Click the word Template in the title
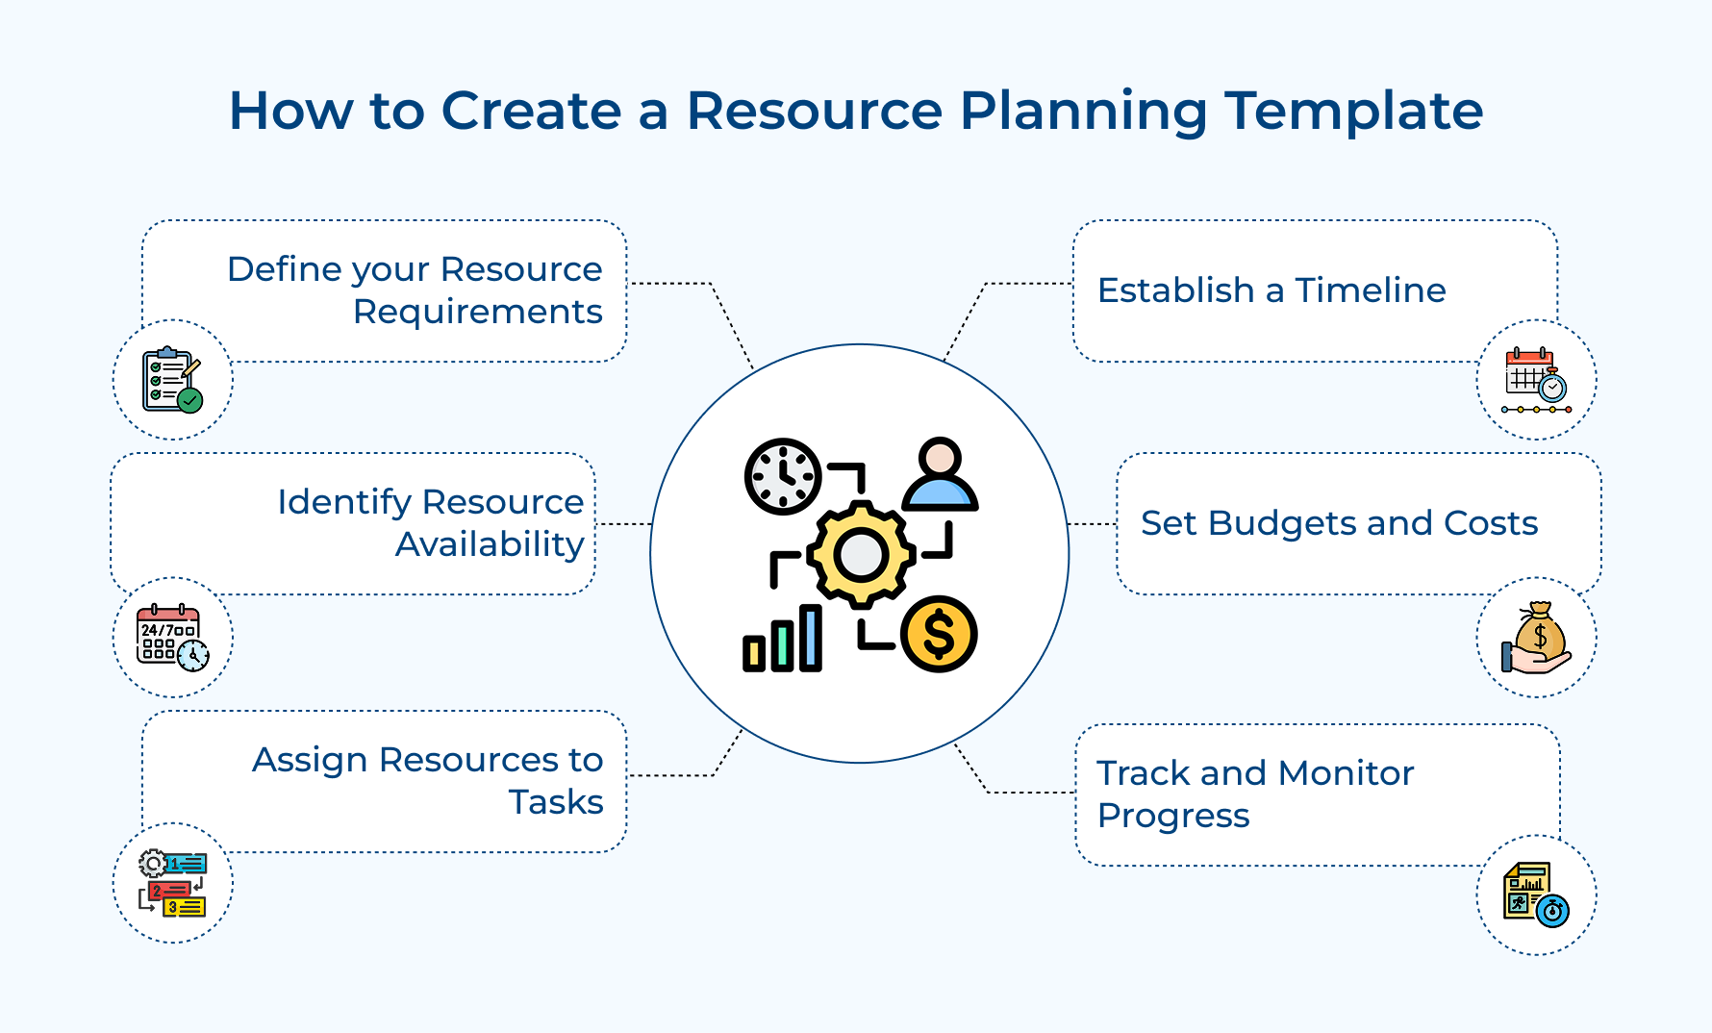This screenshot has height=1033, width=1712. pos(1353,112)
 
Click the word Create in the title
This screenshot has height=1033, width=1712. pos(531,112)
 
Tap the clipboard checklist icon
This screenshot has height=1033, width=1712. pos(172,380)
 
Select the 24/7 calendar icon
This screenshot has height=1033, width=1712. pos(172,638)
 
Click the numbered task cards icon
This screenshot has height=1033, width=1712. pos(172,883)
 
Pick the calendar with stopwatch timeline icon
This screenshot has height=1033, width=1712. pos(1536,380)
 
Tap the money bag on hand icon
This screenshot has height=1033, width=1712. pos(1536,638)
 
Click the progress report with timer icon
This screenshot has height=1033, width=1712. pos(1536,894)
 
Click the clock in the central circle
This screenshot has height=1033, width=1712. pos(783,476)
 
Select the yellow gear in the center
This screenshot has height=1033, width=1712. pos(860,554)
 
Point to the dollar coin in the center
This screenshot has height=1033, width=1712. pos(939,634)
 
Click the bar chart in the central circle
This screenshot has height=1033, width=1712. pos(782,639)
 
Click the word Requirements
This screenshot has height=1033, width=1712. pos(477,313)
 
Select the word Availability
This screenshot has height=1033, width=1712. pos(490,544)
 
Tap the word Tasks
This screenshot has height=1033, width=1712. pos(556,802)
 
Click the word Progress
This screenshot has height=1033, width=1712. pos(1172,816)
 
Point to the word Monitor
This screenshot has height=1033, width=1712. pos(1346,773)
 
